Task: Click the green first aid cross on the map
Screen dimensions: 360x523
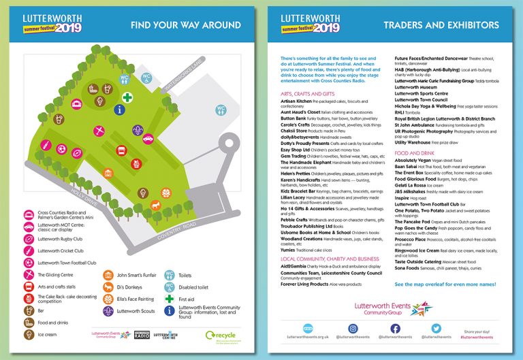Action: pyautogui.click(x=127, y=97)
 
